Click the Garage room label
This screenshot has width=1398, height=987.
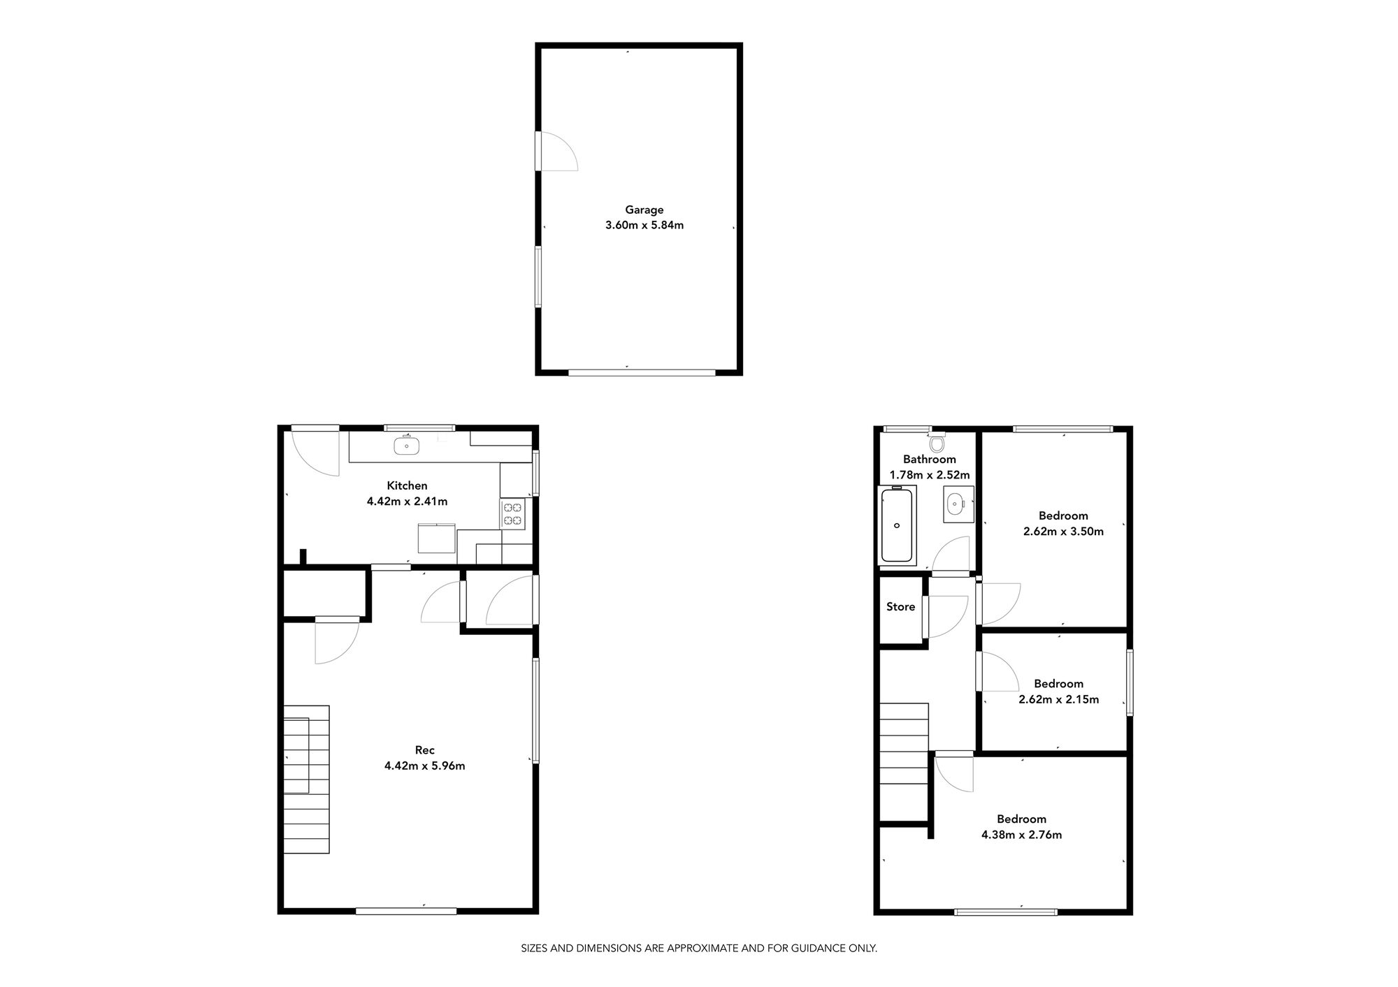click(x=644, y=210)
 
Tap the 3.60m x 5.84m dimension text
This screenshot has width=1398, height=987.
click(x=644, y=226)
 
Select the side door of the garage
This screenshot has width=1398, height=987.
click(x=556, y=151)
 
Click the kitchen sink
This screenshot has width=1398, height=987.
click(x=406, y=445)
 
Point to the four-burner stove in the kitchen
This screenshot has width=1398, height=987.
click(x=512, y=514)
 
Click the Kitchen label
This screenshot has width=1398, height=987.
click(x=407, y=485)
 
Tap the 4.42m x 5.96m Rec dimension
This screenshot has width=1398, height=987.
click(x=424, y=766)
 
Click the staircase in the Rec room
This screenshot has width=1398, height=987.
click(x=306, y=779)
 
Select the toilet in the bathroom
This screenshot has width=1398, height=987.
click(x=937, y=444)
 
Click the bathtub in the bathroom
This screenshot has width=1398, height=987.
click(x=897, y=525)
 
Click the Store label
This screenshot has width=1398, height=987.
click(x=900, y=607)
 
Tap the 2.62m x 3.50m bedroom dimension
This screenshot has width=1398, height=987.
click(x=1063, y=532)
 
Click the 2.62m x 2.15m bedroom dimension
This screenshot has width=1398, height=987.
click(x=1058, y=699)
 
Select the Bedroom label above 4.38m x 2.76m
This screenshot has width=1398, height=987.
click(x=1021, y=819)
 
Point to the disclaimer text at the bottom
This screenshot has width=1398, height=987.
click(x=698, y=949)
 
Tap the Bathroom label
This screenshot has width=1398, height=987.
click(x=929, y=460)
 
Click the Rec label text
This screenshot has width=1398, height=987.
click(x=424, y=750)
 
